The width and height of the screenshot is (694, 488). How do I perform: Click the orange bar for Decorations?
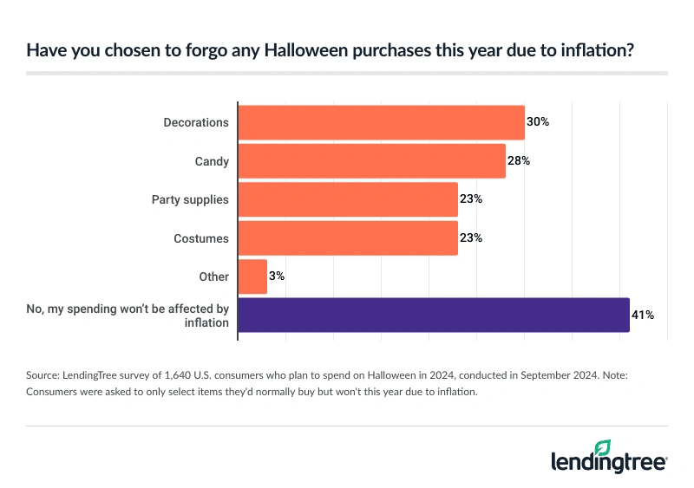(x=381, y=122)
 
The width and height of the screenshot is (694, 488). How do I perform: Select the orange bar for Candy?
(x=371, y=160)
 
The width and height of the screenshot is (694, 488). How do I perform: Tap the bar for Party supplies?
(x=348, y=199)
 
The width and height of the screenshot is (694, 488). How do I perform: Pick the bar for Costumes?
(x=348, y=237)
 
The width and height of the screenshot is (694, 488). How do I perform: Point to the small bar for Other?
(x=252, y=277)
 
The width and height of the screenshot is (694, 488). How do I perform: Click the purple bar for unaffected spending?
(x=434, y=315)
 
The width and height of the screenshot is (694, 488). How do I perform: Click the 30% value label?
(x=539, y=122)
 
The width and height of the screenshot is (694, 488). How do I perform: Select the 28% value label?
(x=519, y=160)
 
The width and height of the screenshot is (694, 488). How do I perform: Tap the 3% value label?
(x=278, y=277)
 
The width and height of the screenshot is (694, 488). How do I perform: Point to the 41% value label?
(x=643, y=315)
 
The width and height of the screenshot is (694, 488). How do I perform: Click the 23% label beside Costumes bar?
(x=471, y=237)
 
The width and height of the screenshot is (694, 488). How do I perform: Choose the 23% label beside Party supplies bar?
(x=471, y=199)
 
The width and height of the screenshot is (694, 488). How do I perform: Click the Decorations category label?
(x=196, y=122)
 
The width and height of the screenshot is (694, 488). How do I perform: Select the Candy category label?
(x=212, y=160)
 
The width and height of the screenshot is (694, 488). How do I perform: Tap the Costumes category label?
(x=201, y=237)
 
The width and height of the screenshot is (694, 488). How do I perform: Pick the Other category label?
(x=213, y=277)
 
